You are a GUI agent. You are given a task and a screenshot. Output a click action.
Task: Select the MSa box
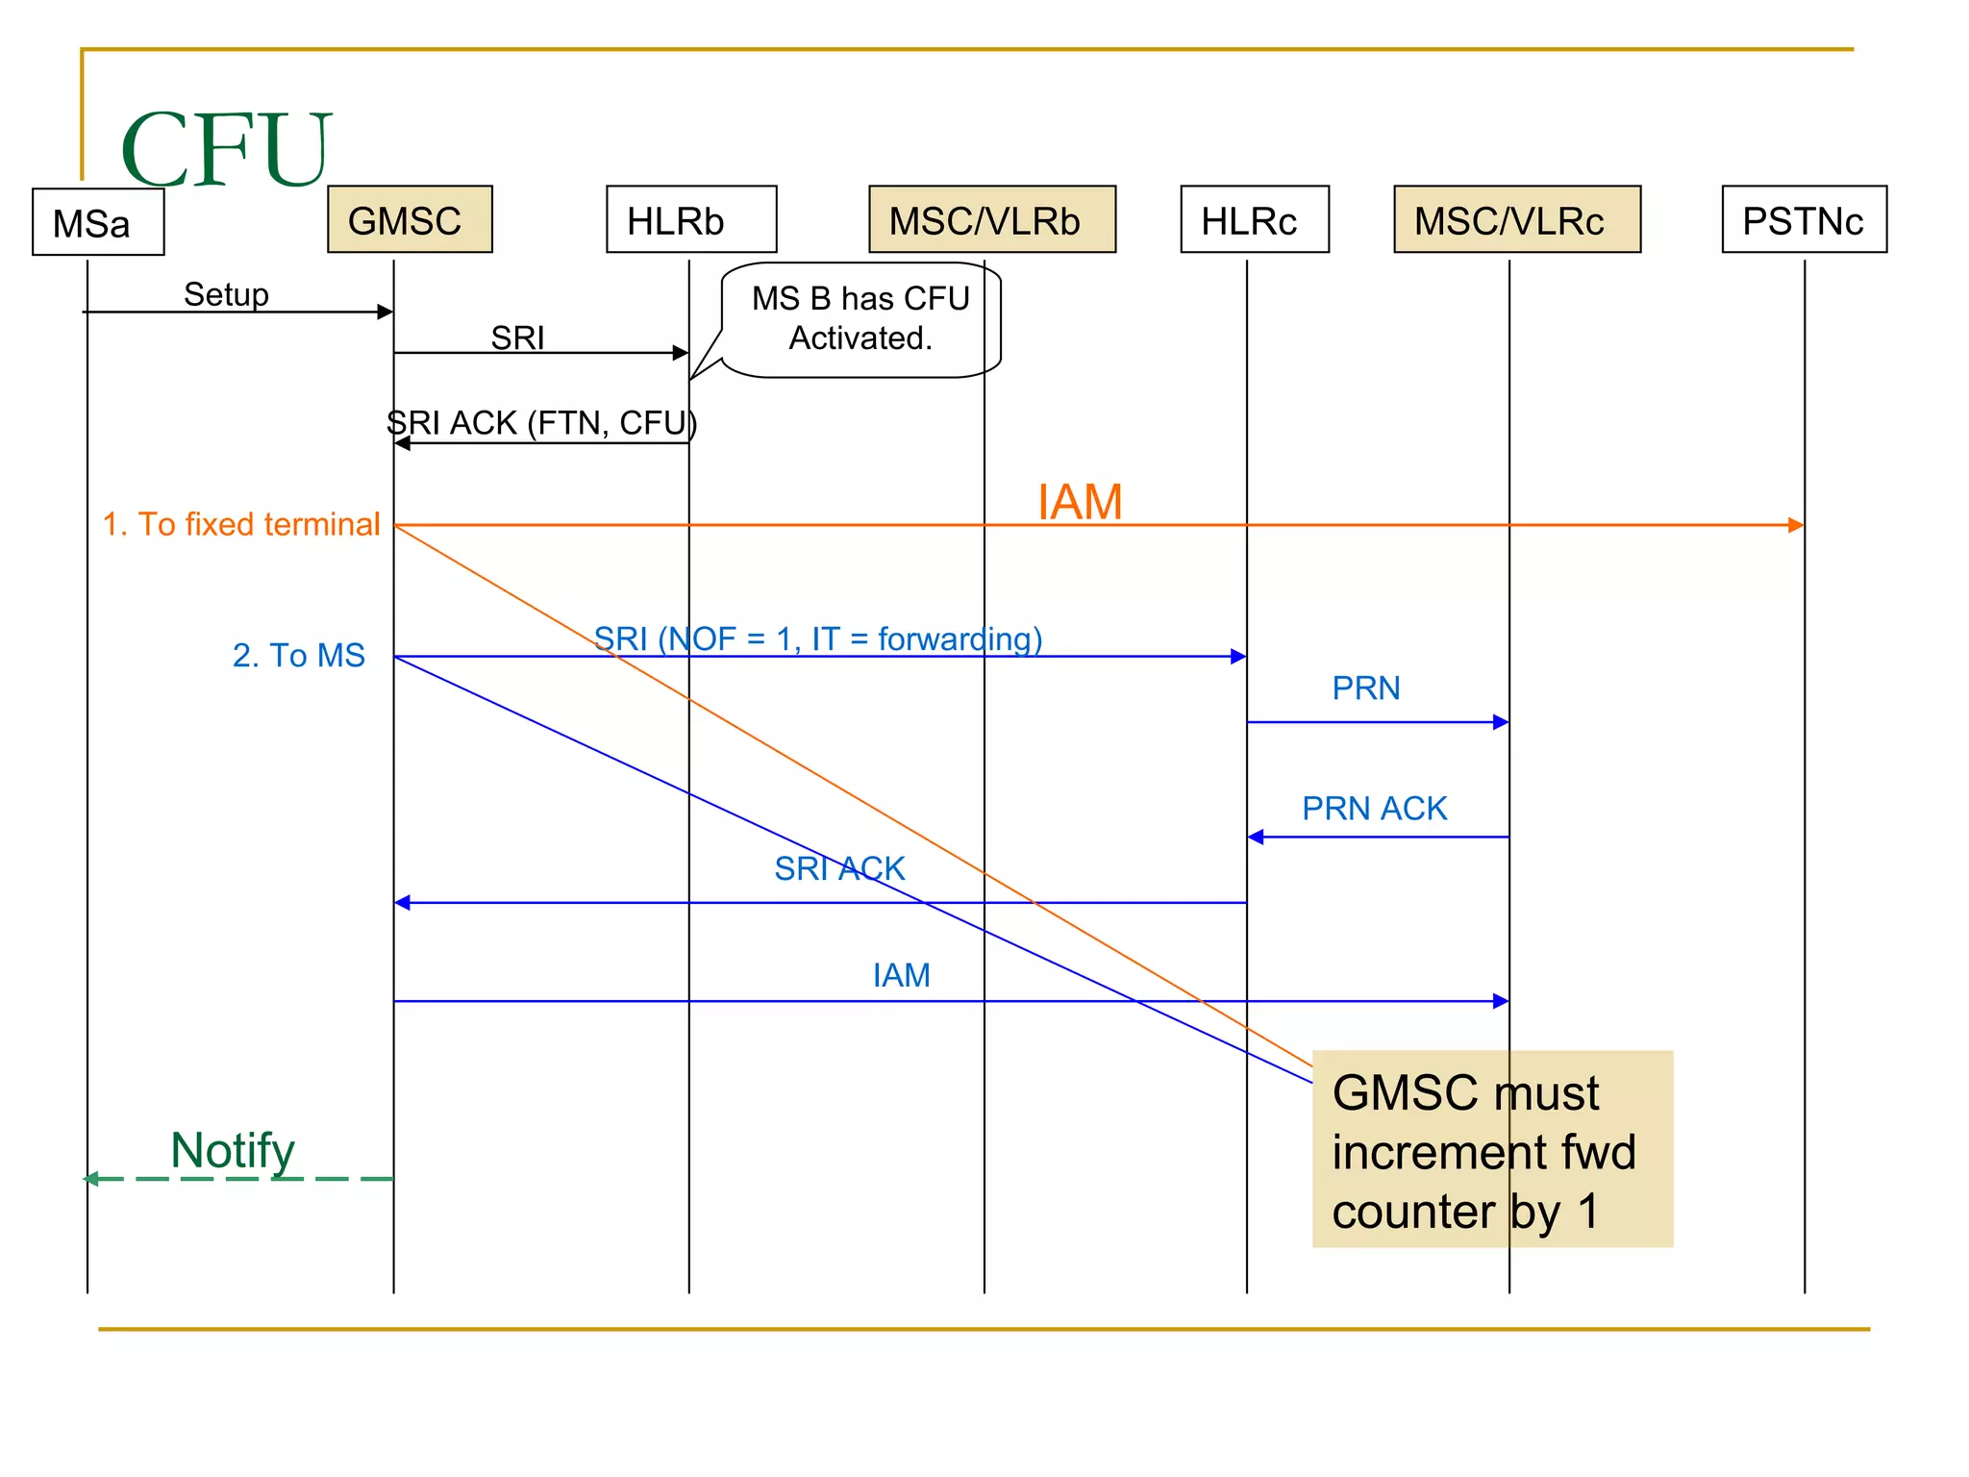pos(98,222)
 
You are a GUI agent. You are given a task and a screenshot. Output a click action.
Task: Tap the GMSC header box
pos(410,220)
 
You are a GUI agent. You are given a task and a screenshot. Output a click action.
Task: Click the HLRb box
pos(690,220)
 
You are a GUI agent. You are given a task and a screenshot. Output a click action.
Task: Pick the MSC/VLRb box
pos(991,220)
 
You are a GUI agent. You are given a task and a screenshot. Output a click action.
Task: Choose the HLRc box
pos(1254,220)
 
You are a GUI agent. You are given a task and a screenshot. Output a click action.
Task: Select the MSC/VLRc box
pos(1516,220)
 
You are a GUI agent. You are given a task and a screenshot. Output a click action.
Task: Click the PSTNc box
pos(1803,220)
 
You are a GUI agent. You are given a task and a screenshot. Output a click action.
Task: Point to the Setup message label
pos(226,294)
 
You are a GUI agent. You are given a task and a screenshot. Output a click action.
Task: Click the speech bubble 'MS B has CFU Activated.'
pos(860,319)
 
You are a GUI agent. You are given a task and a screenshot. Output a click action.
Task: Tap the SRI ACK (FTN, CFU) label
pos(541,423)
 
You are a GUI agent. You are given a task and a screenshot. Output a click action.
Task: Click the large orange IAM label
pos(1080,502)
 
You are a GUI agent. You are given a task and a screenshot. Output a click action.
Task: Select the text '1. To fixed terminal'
pos(241,524)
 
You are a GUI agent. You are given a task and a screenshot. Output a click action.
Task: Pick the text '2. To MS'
pos(298,655)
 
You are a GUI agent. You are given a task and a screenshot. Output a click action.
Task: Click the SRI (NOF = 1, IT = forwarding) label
pos(817,638)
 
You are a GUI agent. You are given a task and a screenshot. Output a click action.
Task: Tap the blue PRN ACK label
pos(1374,809)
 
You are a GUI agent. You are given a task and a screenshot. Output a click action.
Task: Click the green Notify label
pos(233,1150)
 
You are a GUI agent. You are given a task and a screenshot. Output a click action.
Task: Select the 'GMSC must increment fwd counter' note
pos(1491,1150)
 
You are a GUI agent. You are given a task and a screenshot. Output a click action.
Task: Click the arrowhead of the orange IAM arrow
pos(1796,525)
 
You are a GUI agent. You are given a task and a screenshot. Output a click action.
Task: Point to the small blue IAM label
pos(901,975)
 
